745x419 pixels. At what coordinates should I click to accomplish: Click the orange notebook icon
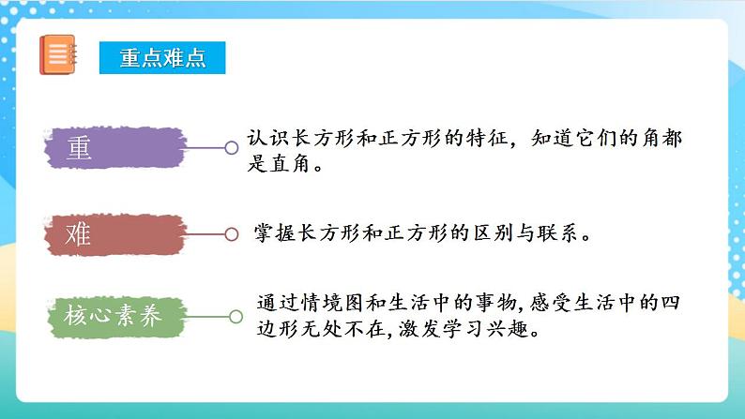(x=58, y=54)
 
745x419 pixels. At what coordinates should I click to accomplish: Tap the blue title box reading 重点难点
(x=163, y=56)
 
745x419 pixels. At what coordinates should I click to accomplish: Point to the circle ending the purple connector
(x=231, y=147)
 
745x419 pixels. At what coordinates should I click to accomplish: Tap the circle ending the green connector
(x=236, y=317)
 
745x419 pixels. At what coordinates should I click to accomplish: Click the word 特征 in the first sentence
(x=485, y=138)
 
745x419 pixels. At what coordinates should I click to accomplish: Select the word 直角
(x=289, y=165)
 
